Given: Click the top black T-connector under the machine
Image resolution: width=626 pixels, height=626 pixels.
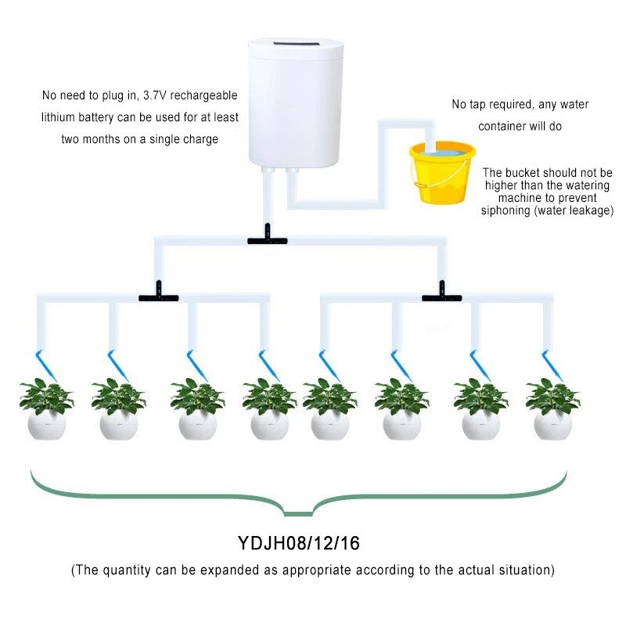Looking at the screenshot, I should (x=267, y=239).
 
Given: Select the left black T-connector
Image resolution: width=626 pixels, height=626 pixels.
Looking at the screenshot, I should (x=159, y=297).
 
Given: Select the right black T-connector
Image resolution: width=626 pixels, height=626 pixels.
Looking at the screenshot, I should (x=441, y=297).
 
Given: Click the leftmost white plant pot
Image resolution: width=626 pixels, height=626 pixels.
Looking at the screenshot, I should (x=46, y=425).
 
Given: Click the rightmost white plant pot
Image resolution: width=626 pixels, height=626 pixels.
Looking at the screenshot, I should (x=553, y=425).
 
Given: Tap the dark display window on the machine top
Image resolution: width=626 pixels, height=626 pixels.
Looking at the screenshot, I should (x=296, y=45).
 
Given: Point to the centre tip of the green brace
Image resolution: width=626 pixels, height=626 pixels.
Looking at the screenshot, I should (x=298, y=513).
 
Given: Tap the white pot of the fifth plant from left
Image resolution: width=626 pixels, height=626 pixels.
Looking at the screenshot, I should (x=329, y=425).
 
